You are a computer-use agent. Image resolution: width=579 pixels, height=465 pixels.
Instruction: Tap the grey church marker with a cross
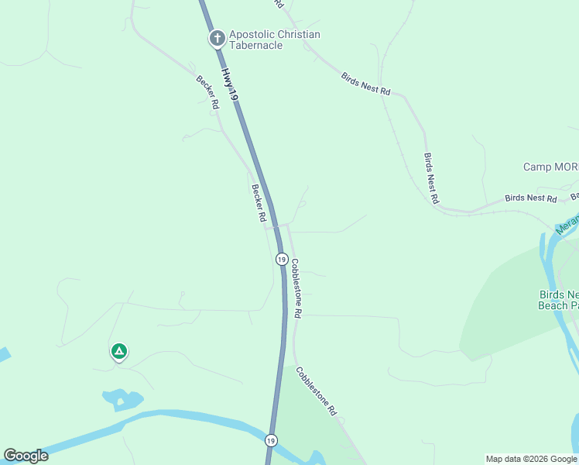click(x=217, y=38)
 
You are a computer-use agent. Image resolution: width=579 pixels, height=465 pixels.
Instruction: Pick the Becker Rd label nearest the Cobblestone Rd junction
click(x=258, y=204)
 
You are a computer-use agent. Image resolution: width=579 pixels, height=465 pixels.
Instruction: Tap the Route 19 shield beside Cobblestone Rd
click(x=281, y=260)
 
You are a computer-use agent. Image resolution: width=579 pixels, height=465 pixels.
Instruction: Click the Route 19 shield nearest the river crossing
click(x=270, y=440)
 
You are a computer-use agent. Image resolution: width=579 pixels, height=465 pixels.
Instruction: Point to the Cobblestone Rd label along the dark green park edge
click(x=317, y=390)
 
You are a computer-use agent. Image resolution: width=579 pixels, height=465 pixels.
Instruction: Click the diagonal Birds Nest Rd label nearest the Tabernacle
click(x=365, y=82)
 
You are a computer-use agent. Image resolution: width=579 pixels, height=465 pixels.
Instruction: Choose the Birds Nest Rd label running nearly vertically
click(x=431, y=178)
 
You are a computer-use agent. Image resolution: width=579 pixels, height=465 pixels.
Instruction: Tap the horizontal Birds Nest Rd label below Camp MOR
click(x=530, y=199)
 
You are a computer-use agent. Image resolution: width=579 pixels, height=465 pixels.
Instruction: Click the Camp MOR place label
click(x=550, y=167)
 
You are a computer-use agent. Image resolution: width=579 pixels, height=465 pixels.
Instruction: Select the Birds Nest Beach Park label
click(x=558, y=300)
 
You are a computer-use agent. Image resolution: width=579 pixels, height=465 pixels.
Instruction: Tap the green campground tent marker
click(x=118, y=352)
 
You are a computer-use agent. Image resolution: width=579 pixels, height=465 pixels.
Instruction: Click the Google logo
click(x=26, y=456)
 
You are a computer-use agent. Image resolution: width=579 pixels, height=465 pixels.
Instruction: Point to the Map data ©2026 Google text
click(x=531, y=459)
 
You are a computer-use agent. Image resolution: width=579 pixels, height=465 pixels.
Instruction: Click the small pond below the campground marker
click(x=122, y=400)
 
